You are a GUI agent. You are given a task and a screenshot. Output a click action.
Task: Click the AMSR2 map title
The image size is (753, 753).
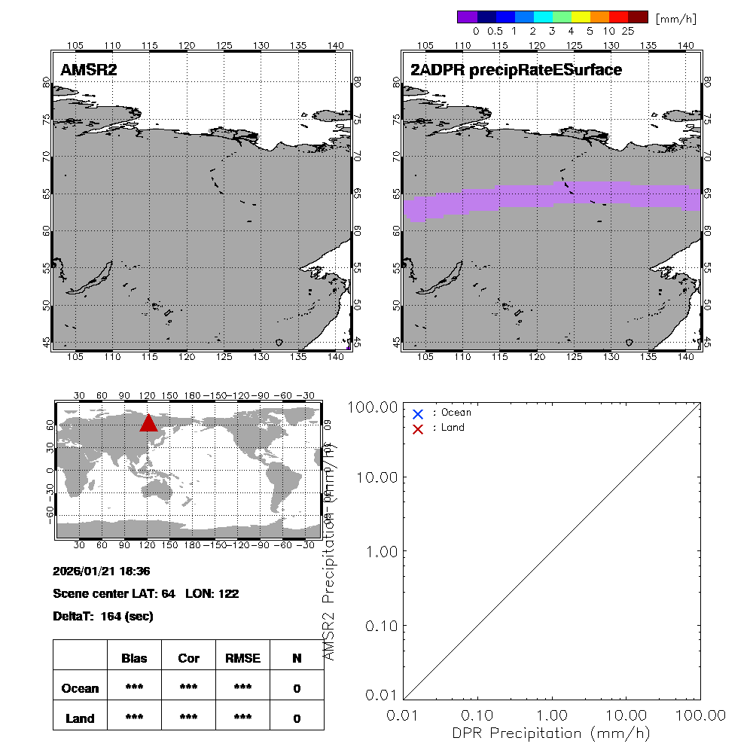89,70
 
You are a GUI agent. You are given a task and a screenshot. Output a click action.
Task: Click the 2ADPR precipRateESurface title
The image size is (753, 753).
516,70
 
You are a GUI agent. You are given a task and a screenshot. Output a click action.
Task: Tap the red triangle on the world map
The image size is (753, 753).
148,423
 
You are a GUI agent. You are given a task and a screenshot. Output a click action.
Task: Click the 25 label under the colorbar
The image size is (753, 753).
627,32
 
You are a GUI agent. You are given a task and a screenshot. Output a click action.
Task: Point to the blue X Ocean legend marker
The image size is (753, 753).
419,413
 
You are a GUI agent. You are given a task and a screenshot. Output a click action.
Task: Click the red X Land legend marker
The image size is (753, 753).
419,428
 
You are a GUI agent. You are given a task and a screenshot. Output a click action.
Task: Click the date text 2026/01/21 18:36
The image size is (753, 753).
102,571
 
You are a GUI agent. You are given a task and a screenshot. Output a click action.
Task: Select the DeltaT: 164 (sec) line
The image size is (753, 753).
103,616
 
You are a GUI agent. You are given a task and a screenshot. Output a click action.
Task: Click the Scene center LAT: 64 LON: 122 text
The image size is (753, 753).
146,593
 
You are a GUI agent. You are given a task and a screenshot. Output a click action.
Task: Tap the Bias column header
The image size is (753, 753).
134,658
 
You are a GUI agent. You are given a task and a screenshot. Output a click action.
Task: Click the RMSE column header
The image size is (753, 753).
242,658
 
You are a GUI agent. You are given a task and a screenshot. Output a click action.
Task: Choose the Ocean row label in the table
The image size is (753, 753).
80,688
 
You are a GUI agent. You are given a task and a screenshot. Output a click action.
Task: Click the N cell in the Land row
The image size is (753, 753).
297,718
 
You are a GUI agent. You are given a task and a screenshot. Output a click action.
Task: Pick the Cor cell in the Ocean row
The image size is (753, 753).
188,688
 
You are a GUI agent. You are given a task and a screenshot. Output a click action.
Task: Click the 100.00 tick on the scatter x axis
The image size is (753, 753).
700,714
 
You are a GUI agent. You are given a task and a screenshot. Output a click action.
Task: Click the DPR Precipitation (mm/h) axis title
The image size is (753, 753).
551,733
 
